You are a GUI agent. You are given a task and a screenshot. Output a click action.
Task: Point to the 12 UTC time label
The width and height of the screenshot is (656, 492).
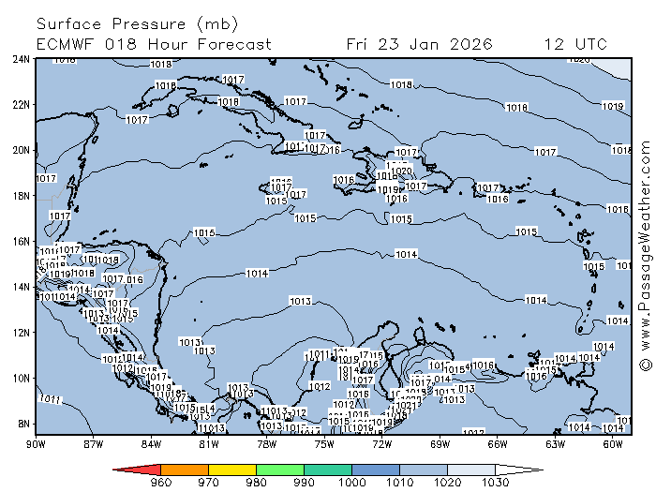(575, 44)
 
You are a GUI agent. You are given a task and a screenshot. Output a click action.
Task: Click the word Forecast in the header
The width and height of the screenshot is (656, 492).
(233, 44)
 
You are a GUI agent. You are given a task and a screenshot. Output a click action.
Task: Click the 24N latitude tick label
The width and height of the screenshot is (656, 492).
(21, 58)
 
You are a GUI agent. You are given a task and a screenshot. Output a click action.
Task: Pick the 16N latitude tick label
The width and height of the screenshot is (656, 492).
(21, 241)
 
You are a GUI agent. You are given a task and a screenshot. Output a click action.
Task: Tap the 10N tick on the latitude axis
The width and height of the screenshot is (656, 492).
(21, 378)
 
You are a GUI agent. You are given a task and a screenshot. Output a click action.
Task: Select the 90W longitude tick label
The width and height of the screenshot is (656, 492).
(37, 444)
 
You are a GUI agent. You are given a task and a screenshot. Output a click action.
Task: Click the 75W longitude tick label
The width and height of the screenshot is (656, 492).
(324, 444)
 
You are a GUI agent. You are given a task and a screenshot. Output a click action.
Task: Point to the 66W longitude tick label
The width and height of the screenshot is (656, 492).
(498, 444)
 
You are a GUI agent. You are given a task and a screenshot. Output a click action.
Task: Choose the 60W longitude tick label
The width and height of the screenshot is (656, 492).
(613, 444)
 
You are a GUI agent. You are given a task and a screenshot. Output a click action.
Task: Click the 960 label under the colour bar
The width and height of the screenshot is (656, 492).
(161, 484)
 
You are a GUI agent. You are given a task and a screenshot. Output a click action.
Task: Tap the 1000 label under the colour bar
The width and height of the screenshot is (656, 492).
(352, 484)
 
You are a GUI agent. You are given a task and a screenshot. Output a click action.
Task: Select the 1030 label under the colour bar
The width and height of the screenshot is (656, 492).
(496, 484)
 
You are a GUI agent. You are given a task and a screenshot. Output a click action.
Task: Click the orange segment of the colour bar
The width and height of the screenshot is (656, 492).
(185, 469)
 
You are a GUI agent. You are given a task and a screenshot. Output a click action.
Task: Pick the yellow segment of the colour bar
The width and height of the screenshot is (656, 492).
(232, 469)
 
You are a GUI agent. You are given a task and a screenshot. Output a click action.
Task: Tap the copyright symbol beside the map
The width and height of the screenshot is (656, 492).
(645, 363)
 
